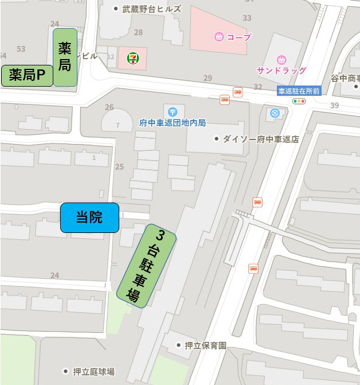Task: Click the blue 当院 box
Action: (x=89, y=217)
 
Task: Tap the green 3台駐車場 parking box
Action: (x=146, y=266)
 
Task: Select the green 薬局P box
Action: (x=27, y=75)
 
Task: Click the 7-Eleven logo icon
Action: (x=132, y=57)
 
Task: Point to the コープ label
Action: (x=238, y=37)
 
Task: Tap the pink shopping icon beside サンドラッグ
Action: (x=281, y=59)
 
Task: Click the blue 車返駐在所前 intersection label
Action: (x=299, y=91)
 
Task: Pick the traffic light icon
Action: (x=299, y=102)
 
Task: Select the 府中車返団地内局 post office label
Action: (x=172, y=123)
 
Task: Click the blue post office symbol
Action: (x=173, y=111)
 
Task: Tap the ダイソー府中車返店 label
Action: (x=261, y=139)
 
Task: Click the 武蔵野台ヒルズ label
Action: (x=151, y=9)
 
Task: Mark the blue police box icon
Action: (x=274, y=113)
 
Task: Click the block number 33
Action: (x=246, y=18)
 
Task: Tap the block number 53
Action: (x=22, y=49)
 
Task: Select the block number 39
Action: (x=334, y=105)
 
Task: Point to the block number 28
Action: (x=138, y=32)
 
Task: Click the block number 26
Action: (x=109, y=107)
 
